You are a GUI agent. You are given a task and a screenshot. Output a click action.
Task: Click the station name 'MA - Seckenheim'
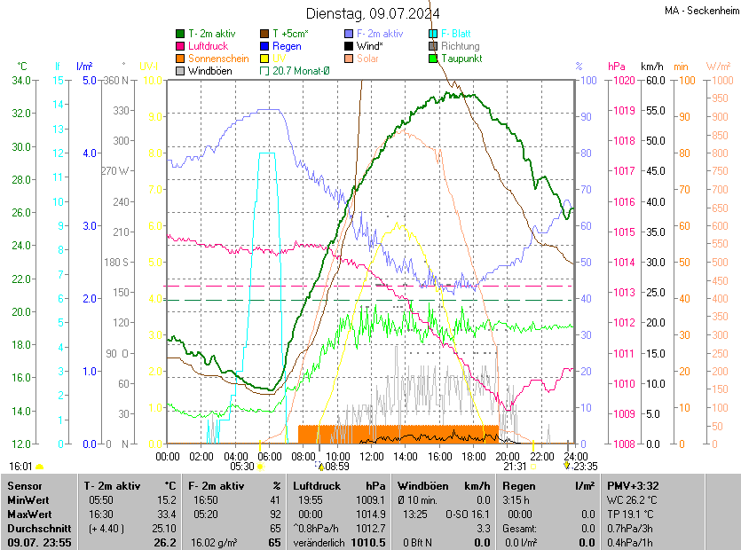pos(701,10)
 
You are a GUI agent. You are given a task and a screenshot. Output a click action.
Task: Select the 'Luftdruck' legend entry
pos(209,46)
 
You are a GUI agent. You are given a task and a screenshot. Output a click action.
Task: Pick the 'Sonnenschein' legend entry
pos(218,59)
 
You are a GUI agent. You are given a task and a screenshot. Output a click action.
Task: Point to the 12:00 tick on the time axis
pos(371,456)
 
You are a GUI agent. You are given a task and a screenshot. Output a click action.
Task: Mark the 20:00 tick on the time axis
pos(507,456)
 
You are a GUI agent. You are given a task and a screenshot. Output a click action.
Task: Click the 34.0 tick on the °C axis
pos(21,81)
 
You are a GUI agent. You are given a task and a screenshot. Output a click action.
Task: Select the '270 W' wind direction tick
pos(116,171)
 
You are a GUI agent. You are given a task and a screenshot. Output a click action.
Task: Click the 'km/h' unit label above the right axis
pos(651,67)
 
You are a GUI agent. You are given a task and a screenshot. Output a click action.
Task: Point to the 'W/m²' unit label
pos(718,67)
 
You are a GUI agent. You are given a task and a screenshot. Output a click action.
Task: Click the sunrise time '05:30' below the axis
pos(241,466)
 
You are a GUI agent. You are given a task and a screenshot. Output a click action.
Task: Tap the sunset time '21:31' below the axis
pos(515,466)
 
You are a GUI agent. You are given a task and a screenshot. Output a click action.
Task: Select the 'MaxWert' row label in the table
pos(30,514)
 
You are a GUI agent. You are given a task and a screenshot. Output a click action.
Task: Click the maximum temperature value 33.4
pos(165,514)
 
